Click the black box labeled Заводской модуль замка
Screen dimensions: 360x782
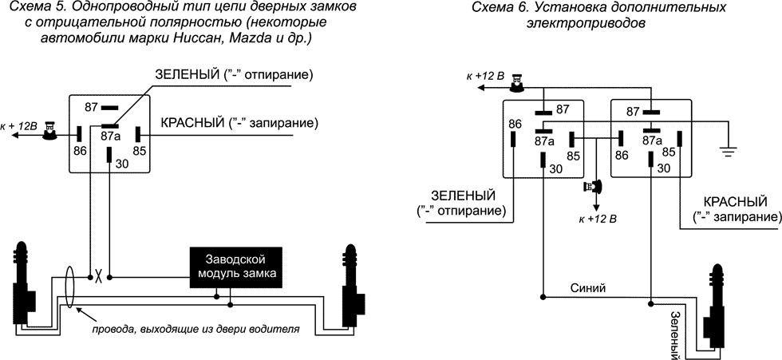pyautogui.click(x=241, y=267)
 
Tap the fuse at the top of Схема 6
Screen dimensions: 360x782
pyautogui.click(x=519, y=81)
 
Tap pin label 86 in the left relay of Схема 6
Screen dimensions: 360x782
pyautogui.click(x=514, y=124)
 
